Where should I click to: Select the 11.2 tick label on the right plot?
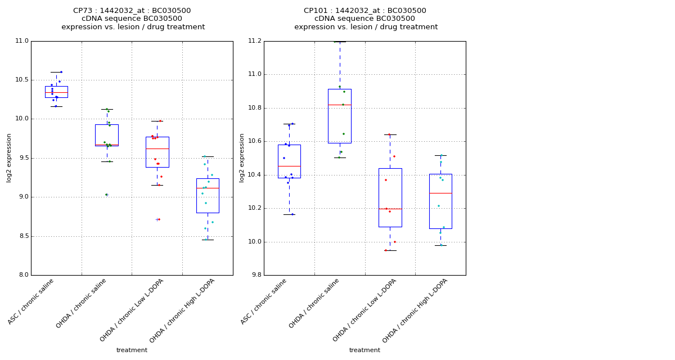pos(254,41)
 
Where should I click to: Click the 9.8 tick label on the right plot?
pos(256,275)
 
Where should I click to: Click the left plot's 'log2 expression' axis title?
pos(9,157)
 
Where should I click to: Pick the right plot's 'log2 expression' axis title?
pos(242,157)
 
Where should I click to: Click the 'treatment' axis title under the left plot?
pos(132,350)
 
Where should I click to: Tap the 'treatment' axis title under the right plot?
pos(364,350)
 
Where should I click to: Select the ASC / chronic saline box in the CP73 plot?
pos(56,92)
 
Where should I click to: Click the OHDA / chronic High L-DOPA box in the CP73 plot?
pos(208,196)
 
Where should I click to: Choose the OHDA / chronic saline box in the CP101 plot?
pos(339,116)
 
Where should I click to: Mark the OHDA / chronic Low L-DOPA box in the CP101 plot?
pos(390,197)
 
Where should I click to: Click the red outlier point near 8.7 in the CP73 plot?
pos(159,219)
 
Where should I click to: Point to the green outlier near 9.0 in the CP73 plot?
pos(106,195)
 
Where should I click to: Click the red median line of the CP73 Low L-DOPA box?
pos(157,148)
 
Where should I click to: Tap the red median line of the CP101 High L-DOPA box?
pos(440,193)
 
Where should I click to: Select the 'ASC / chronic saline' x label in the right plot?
pos(264,301)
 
